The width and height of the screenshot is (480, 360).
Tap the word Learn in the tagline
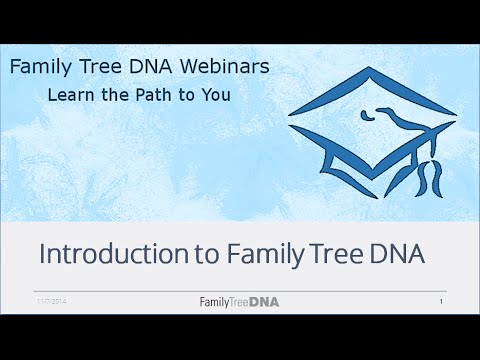click(72, 96)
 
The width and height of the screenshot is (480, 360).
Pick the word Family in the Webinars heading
click(41, 69)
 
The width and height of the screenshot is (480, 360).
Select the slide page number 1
click(440, 301)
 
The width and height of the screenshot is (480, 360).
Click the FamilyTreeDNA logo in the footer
click(240, 301)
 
